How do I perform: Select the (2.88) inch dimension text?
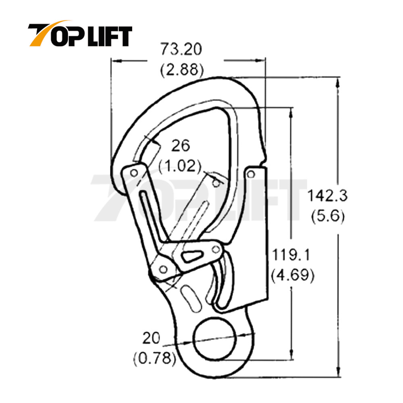[181, 70]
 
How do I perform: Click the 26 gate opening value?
[180, 145]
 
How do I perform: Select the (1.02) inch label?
[180, 165]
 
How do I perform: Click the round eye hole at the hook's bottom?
[214, 336]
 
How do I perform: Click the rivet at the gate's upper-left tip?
[134, 173]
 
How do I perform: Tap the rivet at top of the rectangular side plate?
[252, 174]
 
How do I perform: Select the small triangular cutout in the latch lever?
[192, 255]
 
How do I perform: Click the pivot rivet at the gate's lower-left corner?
[163, 269]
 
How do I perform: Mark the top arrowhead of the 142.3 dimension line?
[338, 81]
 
